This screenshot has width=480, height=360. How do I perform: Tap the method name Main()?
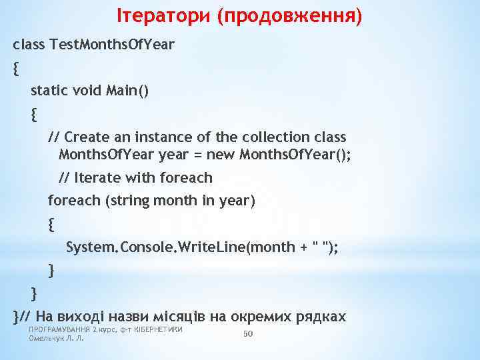click(x=127, y=91)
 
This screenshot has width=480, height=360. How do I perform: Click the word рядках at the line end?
click(x=323, y=316)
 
